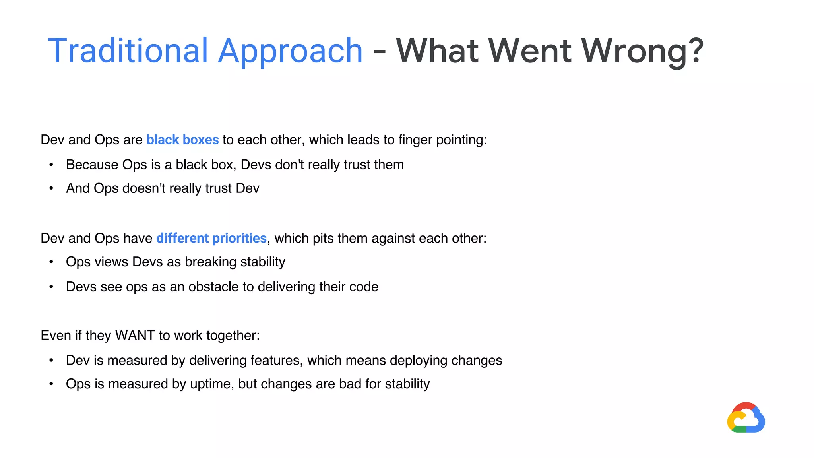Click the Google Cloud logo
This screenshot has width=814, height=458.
[x=746, y=418]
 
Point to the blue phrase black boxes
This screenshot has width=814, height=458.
[x=182, y=140]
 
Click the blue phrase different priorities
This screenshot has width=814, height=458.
[x=211, y=238]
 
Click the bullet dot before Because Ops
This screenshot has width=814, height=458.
[x=51, y=165]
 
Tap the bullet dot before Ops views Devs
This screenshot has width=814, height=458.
[x=51, y=262]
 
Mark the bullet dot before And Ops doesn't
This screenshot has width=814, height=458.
[x=51, y=188]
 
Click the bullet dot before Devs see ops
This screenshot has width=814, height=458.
[x=51, y=287]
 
